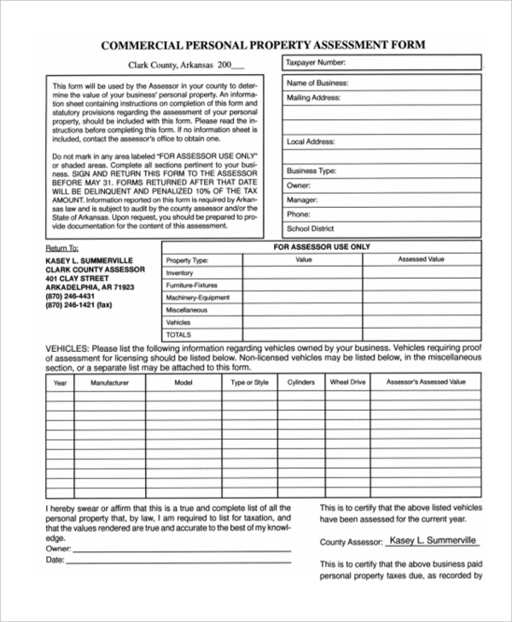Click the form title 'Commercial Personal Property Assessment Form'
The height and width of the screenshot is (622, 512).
[x=263, y=44]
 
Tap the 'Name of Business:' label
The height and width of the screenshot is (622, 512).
[x=317, y=84]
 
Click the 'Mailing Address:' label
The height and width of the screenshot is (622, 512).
[x=314, y=98]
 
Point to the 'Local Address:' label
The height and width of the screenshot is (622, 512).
[x=311, y=142]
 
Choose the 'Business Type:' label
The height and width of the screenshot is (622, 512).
[x=311, y=170]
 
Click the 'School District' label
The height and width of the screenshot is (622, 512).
[x=311, y=228]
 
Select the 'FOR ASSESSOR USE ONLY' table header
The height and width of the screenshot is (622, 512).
[x=321, y=246]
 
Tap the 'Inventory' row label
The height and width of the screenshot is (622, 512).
[x=180, y=273]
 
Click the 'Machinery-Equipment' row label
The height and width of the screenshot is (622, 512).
[x=198, y=297]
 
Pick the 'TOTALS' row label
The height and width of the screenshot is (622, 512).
[x=178, y=335]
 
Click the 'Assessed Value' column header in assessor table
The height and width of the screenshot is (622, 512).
[x=422, y=259]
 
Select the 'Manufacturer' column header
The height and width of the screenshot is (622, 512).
[x=109, y=383]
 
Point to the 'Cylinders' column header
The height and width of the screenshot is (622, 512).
[x=301, y=383]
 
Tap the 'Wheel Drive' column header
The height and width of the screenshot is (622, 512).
[x=347, y=383]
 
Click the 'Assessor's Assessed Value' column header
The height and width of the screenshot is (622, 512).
[x=426, y=383]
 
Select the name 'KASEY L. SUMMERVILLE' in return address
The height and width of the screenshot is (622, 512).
[x=90, y=260]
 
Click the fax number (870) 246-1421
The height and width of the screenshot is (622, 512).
[x=79, y=304]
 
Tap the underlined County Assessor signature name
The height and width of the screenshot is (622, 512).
[x=432, y=540]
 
